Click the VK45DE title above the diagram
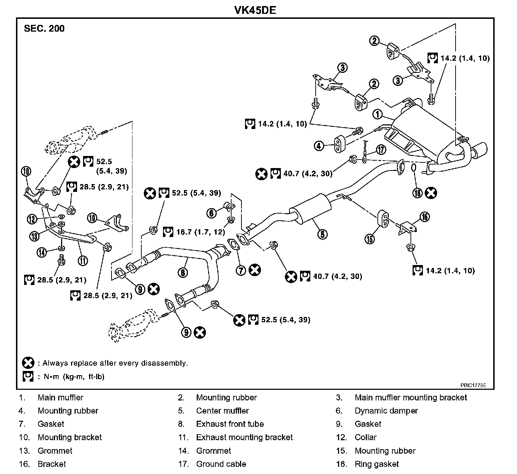(x=255, y=10)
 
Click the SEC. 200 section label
(x=44, y=29)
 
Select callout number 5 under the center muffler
(x=323, y=234)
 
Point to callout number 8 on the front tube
(x=183, y=272)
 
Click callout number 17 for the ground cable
(x=381, y=150)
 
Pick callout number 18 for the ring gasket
(x=417, y=193)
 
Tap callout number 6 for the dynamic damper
(x=212, y=213)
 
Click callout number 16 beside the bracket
(x=425, y=216)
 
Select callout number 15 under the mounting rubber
(x=370, y=239)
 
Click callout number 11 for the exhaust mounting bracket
(x=82, y=261)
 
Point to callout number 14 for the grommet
(x=42, y=252)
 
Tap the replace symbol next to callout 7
(x=255, y=270)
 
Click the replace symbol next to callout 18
(x=431, y=193)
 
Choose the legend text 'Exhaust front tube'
(x=230, y=424)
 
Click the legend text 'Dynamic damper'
(x=386, y=411)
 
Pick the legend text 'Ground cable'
(x=221, y=464)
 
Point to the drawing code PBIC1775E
(x=473, y=385)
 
